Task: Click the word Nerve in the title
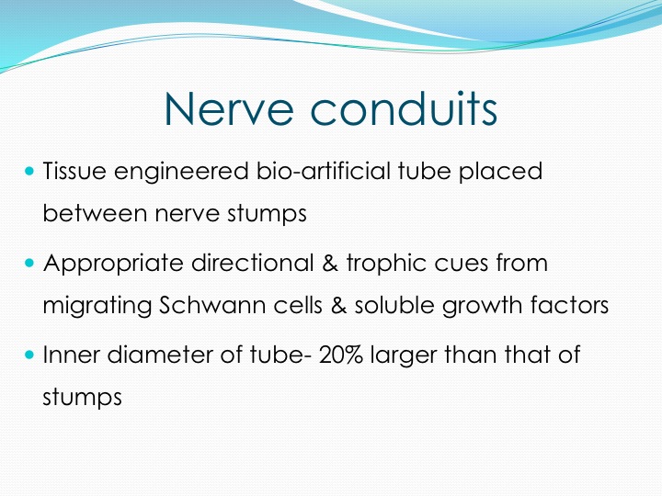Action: [x=229, y=108]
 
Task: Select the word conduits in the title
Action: [x=404, y=107]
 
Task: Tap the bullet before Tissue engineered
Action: [x=29, y=171]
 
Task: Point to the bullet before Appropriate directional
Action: [x=29, y=263]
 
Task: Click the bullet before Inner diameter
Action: [x=29, y=355]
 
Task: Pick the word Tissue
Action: [x=74, y=171]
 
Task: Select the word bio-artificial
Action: [x=324, y=171]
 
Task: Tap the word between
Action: [x=95, y=213]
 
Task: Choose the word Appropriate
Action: [x=113, y=264]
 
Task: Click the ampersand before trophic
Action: [x=330, y=263]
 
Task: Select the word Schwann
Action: [x=212, y=305]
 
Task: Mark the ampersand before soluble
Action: [x=338, y=305]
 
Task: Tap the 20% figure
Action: [x=341, y=355]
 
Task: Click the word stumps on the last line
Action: [x=83, y=398]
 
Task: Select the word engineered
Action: [x=181, y=172]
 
